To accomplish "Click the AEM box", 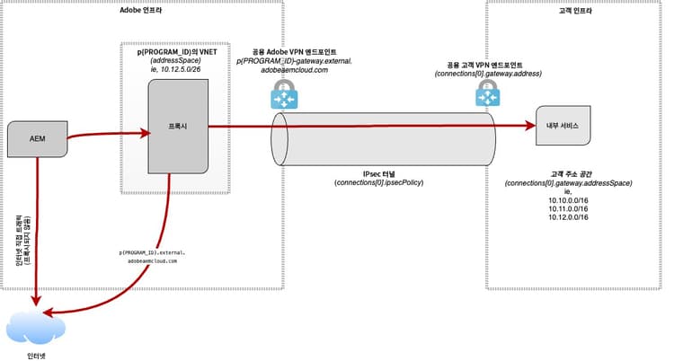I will click(x=38, y=139).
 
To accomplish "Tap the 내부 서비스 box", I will click(x=563, y=127).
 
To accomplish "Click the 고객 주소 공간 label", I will click(x=566, y=173).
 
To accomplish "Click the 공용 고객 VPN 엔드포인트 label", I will click(x=485, y=65).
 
